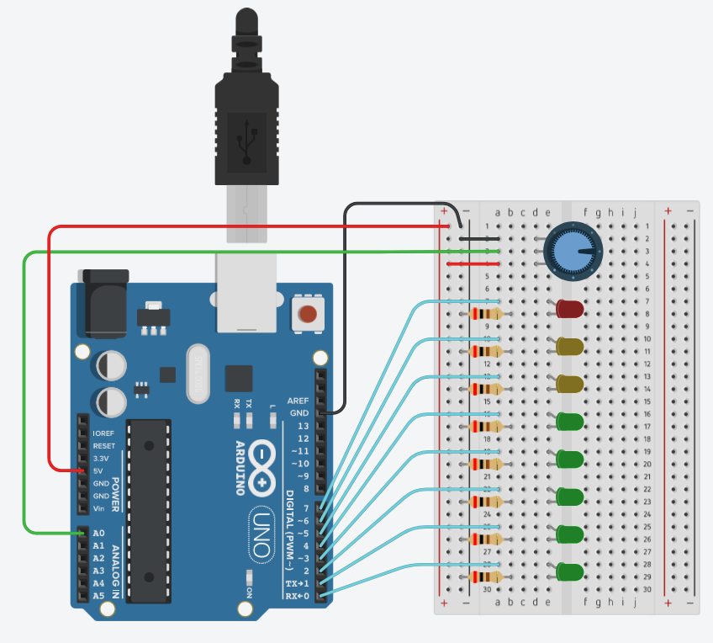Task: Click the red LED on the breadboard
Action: coord(569,309)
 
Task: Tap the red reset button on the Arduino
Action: coord(308,316)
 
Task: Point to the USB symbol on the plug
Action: coord(246,140)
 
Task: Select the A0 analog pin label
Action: coord(98,534)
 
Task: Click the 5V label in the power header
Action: coord(99,470)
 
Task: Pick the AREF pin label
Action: coord(298,401)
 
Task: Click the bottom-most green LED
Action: coord(569,572)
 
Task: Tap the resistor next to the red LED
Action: coord(487,314)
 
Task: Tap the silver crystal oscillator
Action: coord(198,374)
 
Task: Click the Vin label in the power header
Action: coord(99,508)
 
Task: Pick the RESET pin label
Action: coord(103,445)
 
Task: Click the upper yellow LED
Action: coord(569,346)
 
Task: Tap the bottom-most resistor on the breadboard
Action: coord(487,577)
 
